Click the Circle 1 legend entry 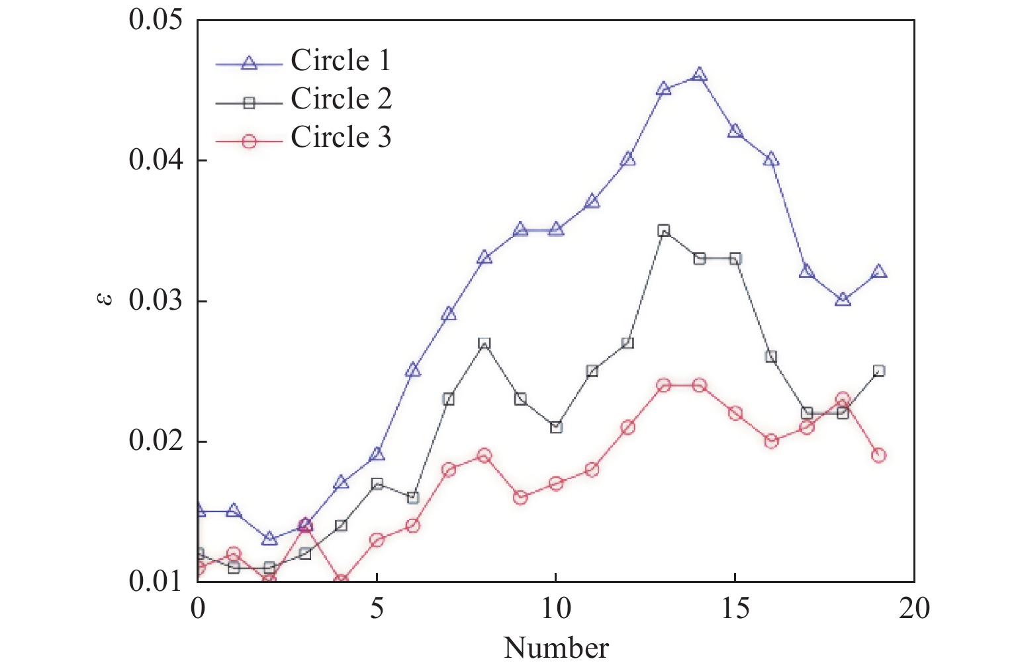(340, 61)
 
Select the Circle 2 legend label (341, 99)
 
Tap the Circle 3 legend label (341, 138)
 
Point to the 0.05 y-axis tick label (155, 20)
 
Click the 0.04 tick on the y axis (155, 160)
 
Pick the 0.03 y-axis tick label (155, 300)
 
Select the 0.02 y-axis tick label (155, 441)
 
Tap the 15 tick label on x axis (735, 608)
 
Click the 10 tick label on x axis (556, 608)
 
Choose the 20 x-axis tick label (914, 608)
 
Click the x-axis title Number (556, 648)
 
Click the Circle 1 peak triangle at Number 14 (700, 75)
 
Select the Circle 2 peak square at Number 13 (664, 230)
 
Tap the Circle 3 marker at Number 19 (878, 455)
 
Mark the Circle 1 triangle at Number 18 (843, 300)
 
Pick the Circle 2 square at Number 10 (556, 427)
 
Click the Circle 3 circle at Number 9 (520, 497)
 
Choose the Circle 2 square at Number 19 (878, 371)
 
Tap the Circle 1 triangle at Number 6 (413, 370)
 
